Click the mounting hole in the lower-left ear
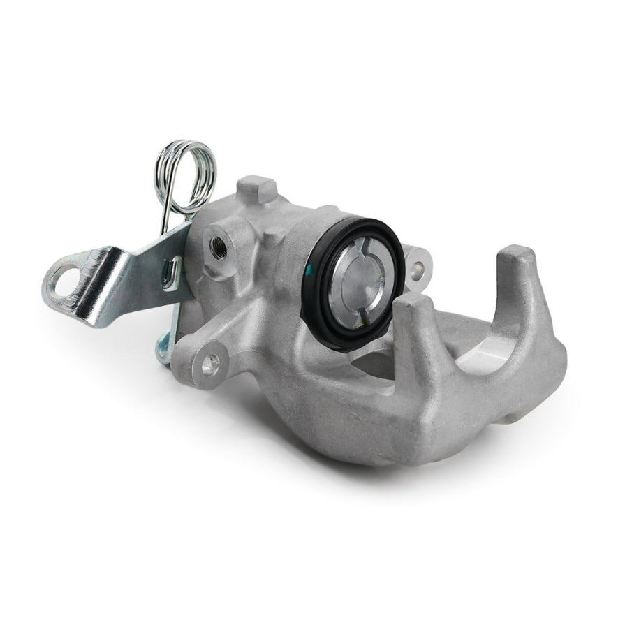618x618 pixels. click(x=207, y=361)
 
